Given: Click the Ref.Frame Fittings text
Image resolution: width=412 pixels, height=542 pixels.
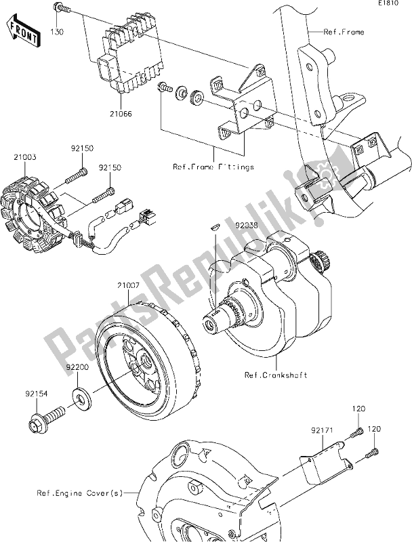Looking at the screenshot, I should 213,167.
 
